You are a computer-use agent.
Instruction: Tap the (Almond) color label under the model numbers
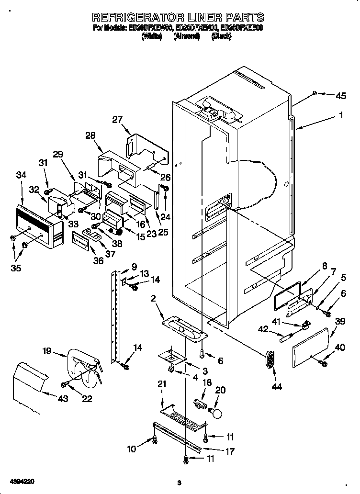tap(186, 36)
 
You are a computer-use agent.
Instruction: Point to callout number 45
tap(340, 96)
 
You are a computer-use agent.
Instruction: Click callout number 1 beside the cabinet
tap(340, 115)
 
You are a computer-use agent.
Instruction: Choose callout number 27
tap(117, 120)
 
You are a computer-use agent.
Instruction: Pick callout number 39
tap(340, 321)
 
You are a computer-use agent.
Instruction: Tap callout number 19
tap(46, 351)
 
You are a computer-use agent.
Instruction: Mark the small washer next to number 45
tap(314, 92)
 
